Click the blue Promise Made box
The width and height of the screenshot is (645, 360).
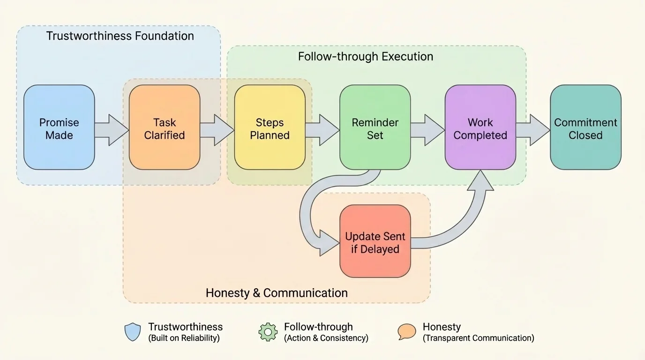(x=59, y=127)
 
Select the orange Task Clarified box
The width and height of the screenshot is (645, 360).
(x=165, y=127)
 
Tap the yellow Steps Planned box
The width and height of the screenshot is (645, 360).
(x=270, y=127)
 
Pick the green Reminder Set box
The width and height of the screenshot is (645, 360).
(x=375, y=127)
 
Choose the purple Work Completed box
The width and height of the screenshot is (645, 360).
(x=480, y=127)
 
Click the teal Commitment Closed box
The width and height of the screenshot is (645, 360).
(x=585, y=127)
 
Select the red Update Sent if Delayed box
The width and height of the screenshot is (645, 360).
(x=375, y=241)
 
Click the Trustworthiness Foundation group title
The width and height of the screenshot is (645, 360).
(x=120, y=36)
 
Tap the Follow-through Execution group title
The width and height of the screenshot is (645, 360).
(x=366, y=57)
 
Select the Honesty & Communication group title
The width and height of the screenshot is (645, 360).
(x=277, y=293)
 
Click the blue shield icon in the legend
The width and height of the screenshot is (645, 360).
(x=133, y=332)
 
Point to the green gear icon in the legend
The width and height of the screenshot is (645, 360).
(x=268, y=332)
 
